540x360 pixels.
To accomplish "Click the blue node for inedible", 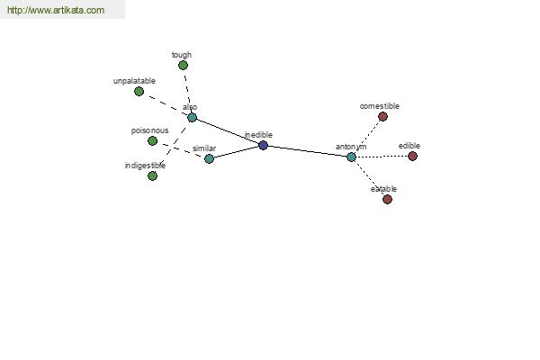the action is [263, 146].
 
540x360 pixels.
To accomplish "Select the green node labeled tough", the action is [183, 65].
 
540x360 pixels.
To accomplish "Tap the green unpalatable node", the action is [139, 91].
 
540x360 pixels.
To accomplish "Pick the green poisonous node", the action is [152, 141].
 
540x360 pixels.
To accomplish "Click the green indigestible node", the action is [152, 176].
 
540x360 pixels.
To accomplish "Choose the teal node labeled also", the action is [192, 118].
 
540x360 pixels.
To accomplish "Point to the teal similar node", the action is [209, 158].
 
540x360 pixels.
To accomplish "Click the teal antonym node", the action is [351, 157].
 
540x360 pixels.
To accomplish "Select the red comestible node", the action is [382, 116].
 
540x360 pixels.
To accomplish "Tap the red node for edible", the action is [412, 156].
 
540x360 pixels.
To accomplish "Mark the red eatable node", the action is [387, 199].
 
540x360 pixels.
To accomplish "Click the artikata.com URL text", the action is [56, 10].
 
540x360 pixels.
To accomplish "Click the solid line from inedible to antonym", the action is [307, 151].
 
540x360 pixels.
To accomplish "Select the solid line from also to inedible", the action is [228, 131].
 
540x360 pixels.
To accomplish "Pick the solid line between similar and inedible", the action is [236, 152].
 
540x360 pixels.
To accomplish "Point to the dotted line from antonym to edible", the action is [382, 157].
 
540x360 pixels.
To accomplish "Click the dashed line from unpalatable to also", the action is [166, 104].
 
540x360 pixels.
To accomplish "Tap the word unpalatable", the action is [134, 81].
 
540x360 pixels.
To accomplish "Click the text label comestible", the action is [380, 106].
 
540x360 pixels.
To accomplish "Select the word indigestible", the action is [145, 166].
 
